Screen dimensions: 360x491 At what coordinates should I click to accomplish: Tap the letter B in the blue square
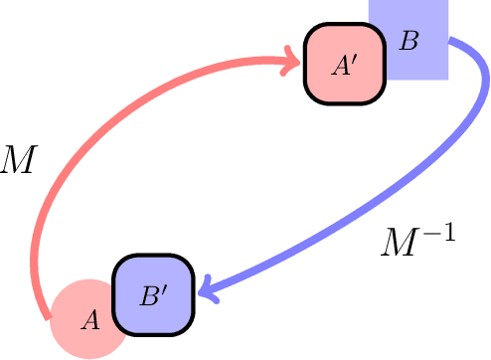(x=409, y=42)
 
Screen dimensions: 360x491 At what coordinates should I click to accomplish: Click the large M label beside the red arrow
(x=19, y=159)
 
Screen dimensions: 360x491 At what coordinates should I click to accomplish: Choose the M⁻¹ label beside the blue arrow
(x=418, y=242)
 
